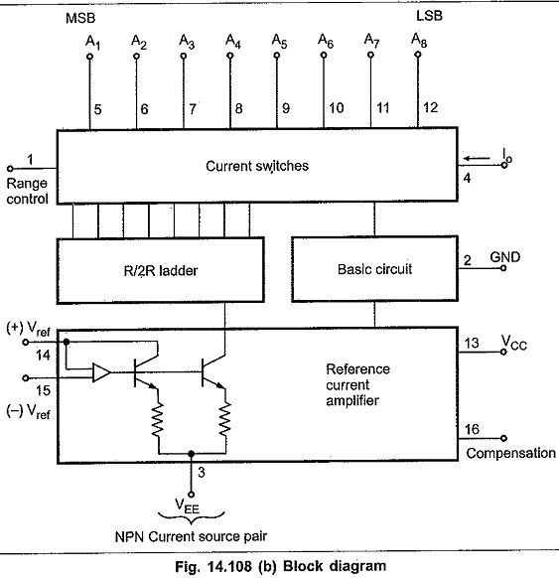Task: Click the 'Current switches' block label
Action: (257, 166)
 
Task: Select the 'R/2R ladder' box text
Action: (161, 271)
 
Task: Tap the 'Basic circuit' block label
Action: (374, 269)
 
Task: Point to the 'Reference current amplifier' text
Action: (357, 385)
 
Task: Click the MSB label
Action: (80, 18)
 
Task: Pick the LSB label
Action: (429, 16)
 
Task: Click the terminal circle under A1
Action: (89, 57)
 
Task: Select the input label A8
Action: (419, 40)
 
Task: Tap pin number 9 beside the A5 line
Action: (286, 108)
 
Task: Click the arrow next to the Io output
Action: (477, 159)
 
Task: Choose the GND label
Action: (504, 257)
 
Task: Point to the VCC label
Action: (514, 343)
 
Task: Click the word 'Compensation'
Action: (510, 453)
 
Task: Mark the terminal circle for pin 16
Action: (503, 438)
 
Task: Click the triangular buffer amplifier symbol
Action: (101, 372)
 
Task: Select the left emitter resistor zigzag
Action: (158, 419)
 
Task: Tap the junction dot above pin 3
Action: (191, 453)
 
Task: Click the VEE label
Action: (188, 506)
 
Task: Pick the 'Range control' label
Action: (27, 191)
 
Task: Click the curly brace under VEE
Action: (191, 517)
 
